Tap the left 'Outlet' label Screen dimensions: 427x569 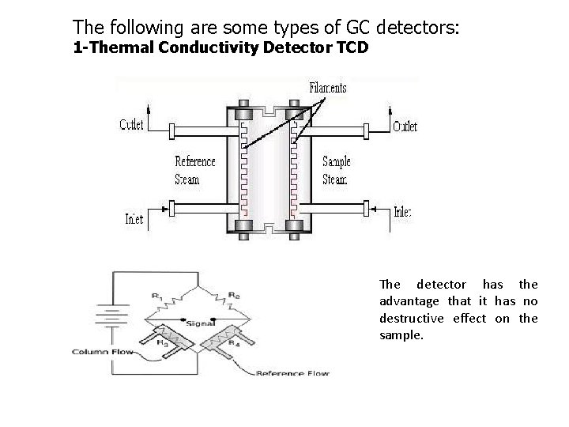pos(131,125)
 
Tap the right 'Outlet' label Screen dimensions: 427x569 pos(405,126)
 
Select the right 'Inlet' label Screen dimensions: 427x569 pos(402,212)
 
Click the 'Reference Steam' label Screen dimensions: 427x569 pos(194,170)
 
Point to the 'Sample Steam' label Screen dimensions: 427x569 pos(336,170)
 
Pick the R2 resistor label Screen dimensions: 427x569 pos(234,297)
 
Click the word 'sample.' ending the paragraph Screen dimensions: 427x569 pos(401,334)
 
